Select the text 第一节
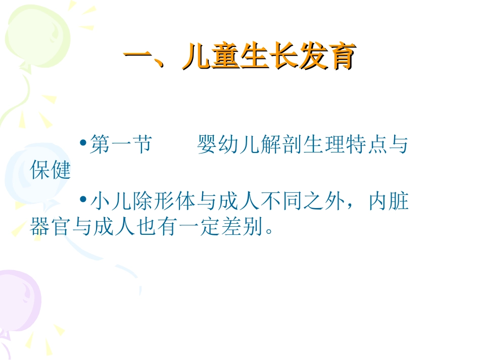click(120, 145)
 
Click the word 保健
click(51, 171)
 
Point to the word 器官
click(51, 228)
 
